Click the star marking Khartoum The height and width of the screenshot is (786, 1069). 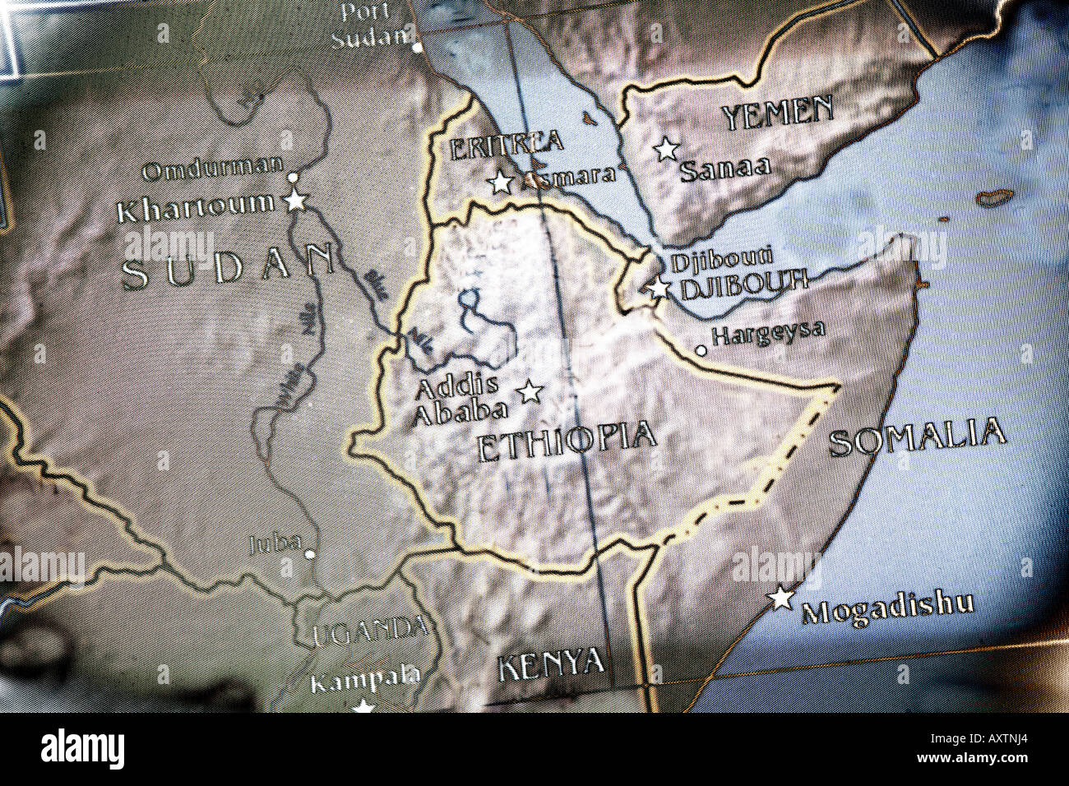(295, 200)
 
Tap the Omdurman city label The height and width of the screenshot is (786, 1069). (212, 170)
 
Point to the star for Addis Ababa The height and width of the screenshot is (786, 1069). (530, 391)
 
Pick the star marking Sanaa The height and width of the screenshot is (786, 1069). (666, 149)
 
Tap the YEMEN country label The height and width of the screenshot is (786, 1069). (778, 113)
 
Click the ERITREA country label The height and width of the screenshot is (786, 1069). (507, 146)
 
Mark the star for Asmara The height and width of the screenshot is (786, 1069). (500, 183)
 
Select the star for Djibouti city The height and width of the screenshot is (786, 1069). (658, 288)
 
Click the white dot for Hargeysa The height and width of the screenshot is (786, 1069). (701, 350)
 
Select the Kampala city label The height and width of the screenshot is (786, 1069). (365, 680)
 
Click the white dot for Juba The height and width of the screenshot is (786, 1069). (310, 554)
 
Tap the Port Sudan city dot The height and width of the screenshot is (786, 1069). (418, 48)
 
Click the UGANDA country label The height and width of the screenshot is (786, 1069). (369, 631)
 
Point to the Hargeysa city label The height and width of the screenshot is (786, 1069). (768, 332)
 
